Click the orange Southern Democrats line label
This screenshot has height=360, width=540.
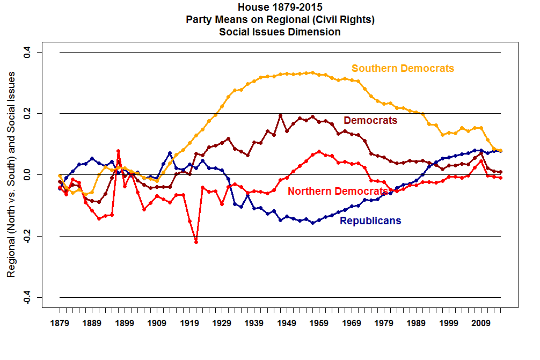(403, 69)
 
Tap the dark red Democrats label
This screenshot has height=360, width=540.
(370, 120)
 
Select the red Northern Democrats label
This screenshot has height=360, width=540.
(338, 191)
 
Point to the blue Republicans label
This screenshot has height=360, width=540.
(370, 221)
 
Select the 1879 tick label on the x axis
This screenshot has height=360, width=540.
(60, 324)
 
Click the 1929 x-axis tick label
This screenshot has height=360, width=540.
(222, 324)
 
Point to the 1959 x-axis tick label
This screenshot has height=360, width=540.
(319, 324)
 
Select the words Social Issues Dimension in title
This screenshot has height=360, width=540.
(280, 32)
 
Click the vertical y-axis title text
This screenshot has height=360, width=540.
(11, 174)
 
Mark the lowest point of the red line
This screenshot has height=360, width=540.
(196, 242)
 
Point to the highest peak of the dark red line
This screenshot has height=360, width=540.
(280, 115)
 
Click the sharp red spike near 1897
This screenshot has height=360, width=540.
(118, 151)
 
